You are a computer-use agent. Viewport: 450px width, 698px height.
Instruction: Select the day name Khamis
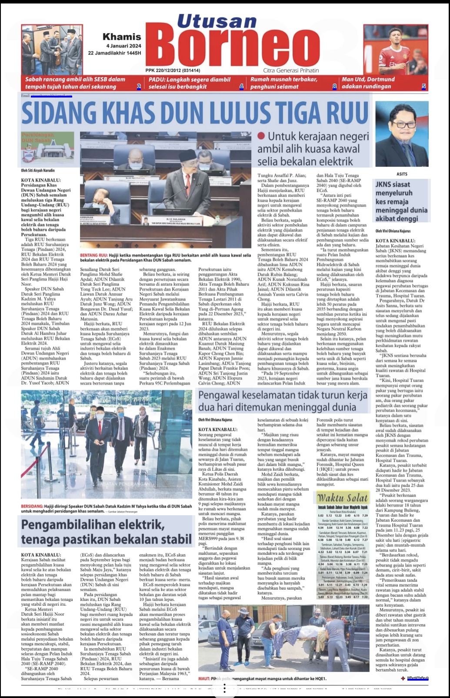click(122, 37)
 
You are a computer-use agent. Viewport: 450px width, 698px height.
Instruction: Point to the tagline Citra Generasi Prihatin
click(291, 70)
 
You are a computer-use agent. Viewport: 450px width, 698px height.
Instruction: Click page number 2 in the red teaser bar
click(139, 87)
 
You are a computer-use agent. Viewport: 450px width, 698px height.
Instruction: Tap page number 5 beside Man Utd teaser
click(423, 87)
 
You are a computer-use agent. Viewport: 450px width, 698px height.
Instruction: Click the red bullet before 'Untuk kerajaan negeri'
click(261, 136)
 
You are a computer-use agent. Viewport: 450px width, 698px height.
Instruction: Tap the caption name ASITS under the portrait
click(402, 174)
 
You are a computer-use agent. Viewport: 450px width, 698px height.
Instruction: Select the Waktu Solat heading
click(342, 498)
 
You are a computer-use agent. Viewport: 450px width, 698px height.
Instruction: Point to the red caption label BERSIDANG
click(32, 507)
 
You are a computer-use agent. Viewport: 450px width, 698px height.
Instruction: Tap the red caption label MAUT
click(204, 678)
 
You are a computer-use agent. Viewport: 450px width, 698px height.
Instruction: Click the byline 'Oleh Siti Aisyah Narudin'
click(38, 171)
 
